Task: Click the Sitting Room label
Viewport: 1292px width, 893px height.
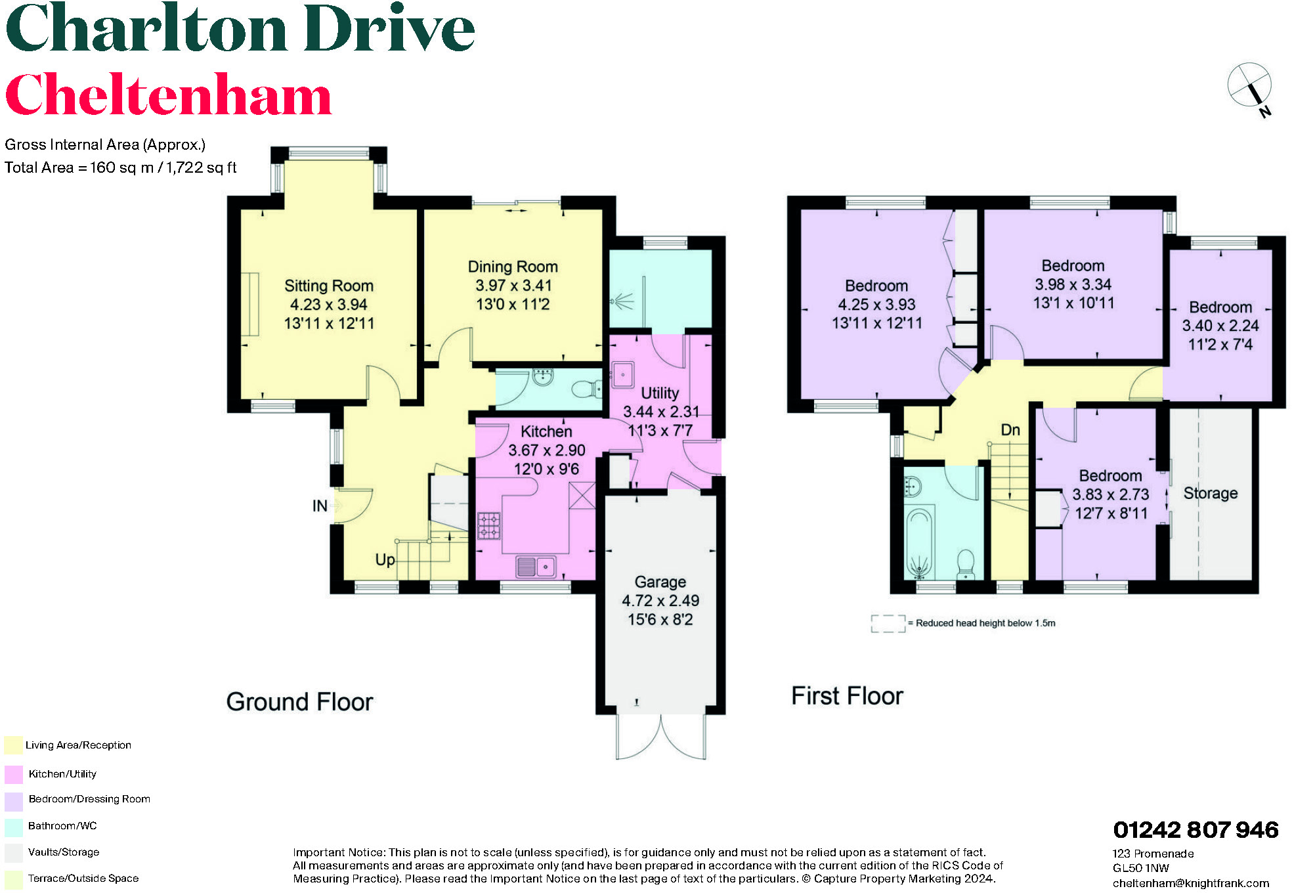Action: click(x=328, y=286)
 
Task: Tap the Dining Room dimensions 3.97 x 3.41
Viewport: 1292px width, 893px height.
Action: click(x=513, y=286)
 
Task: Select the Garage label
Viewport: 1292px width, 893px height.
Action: click(x=660, y=582)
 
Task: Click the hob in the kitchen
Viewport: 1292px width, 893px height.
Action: click(x=488, y=525)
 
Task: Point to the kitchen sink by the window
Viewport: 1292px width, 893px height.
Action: click(x=536, y=566)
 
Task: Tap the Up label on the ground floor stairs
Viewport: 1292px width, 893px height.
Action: click(x=385, y=559)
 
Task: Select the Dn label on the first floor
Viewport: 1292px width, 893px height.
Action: click(x=1010, y=430)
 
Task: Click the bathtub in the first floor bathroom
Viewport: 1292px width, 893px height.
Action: click(x=919, y=542)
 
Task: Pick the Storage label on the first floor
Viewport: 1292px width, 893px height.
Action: click(x=1210, y=493)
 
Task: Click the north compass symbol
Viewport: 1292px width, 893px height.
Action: click(x=1250, y=86)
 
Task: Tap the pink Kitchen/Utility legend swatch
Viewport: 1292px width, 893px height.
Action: click(x=13, y=774)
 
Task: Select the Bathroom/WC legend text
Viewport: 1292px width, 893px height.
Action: click(x=62, y=826)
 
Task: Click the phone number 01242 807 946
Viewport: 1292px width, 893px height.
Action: click(x=1195, y=830)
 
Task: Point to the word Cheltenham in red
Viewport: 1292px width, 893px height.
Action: click(x=168, y=95)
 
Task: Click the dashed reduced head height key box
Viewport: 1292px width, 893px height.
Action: click(x=888, y=623)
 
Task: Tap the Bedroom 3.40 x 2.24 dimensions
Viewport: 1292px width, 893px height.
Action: click(x=1220, y=326)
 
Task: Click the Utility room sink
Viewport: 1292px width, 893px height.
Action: click(x=622, y=374)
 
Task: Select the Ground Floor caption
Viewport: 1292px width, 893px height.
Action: click(x=299, y=702)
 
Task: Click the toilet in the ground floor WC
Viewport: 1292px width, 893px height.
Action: click(x=586, y=389)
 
